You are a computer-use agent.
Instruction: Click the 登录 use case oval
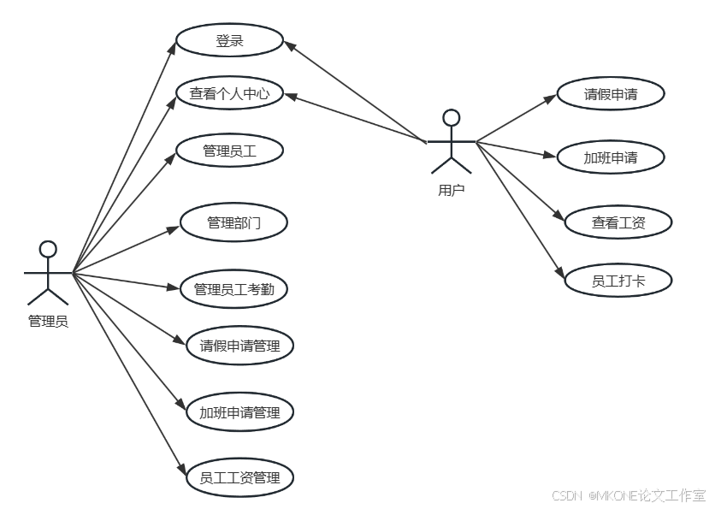[229, 40]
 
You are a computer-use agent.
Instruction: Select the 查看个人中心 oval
[229, 93]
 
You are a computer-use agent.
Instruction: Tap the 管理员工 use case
[229, 151]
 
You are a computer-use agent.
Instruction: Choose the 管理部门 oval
[233, 222]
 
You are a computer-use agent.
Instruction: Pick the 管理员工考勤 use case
[233, 289]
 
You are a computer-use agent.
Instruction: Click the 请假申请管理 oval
[239, 346]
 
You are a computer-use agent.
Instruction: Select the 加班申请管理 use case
[239, 412]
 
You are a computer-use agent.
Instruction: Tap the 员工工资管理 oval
[239, 477]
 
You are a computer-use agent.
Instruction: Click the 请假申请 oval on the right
[611, 94]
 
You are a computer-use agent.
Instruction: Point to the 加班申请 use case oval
[611, 157]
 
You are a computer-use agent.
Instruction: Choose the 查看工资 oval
[618, 222]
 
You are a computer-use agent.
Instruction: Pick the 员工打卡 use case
[618, 280]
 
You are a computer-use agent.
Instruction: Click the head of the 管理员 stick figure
[48, 249]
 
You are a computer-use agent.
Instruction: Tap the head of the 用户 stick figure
[451, 117]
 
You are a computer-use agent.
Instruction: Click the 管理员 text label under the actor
[48, 322]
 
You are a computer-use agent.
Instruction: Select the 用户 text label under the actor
[451, 190]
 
